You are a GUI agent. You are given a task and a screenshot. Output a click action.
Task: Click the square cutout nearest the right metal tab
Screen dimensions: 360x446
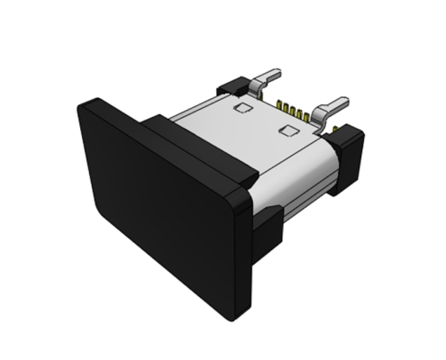click(288, 131)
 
